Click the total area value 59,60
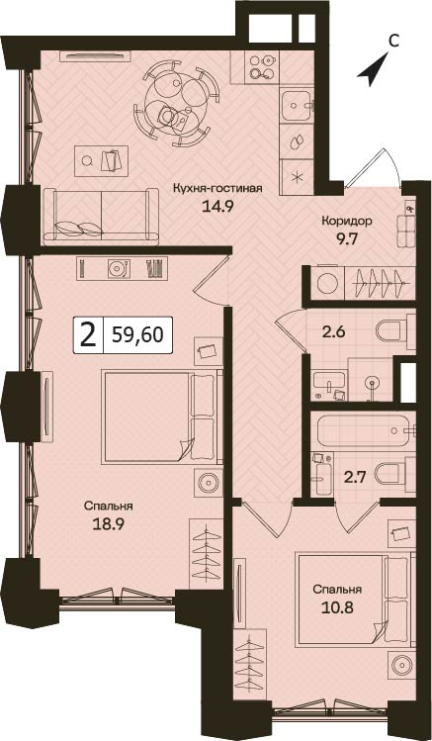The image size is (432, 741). pos(137,335)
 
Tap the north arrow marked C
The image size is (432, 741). pos(373,69)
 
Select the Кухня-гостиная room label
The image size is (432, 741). pos(217,189)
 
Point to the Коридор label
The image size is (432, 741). pos(347,221)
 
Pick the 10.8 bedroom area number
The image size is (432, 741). pos(337,607)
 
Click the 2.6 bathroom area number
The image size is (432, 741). pos(334,331)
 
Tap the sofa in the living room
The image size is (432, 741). pos(101,217)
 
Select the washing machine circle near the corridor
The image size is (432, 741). pos(326,283)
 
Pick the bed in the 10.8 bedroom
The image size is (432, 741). pos(355,600)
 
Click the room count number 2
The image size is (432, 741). pos(87,336)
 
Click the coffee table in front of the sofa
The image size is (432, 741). pos(101,161)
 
